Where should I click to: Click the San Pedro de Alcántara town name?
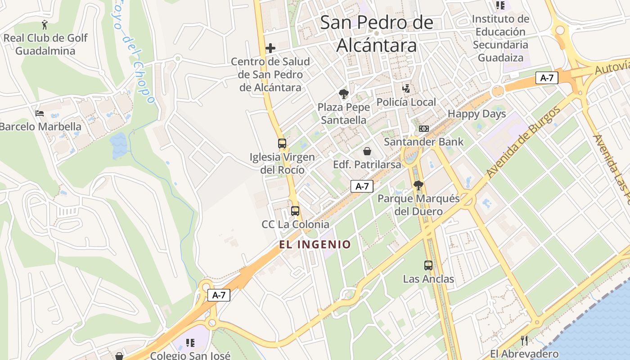[x=377, y=34]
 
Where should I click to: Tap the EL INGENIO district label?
[x=315, y=245]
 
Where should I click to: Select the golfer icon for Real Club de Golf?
[x=45, y=24]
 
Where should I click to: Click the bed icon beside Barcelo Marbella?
[x=40, y=113]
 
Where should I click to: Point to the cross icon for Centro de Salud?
[x=270, y=48]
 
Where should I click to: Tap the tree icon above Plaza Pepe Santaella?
[x=344, y=94]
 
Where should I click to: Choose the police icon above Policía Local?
[x=406, y=89]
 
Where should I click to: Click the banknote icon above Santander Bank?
[x=423, y=129]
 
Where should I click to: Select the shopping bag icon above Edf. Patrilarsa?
[x=367, y=151]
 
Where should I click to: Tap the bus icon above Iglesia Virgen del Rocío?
[x=282, y=144]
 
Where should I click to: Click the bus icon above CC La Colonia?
[x=295, y=211]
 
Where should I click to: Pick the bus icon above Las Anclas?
[x=428, y=265]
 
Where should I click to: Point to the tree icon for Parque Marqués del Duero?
[x=418, y=185]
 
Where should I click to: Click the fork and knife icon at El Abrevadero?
[x=524, y=340]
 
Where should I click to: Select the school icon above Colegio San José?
[x=190, y=343]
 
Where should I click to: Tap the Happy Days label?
[x=477, y=114]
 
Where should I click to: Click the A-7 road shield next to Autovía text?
[x=547, y=78]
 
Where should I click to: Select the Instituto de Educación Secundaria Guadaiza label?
[x=500, y=38]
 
